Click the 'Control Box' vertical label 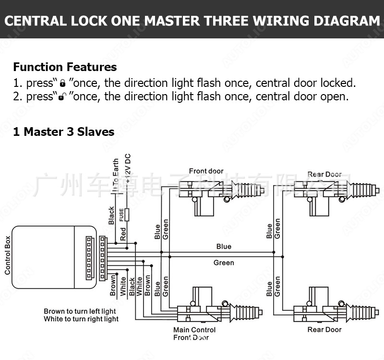[x=8, y=255]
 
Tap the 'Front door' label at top [x=206, y=171]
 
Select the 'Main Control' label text [x=194, y=330]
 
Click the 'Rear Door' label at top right [x=324, y=174]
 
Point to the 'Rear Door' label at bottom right [x=324, y=330]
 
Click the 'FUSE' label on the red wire [x=122, y=214]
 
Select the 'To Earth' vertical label [x=115, y=175]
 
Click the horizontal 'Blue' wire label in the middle [x=224, y=247]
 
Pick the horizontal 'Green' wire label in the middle [x=224, y=263]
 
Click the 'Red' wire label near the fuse [x=123, y=234]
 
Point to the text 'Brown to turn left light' [x=80, y=312]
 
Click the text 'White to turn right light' [x=81, y=319]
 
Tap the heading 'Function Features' [x=65, y=67]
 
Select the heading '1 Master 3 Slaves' [x=63, y=132]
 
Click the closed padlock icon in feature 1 [x=62, y=84]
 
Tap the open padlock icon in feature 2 [x=62, y=97]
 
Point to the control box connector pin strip [x=89, y=257]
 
